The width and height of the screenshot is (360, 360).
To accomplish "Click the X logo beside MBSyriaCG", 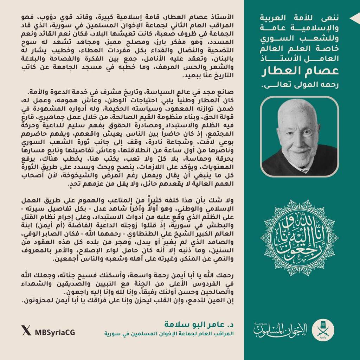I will tap(26, 332).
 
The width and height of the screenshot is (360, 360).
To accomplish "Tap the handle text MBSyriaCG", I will tap(54, 332).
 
